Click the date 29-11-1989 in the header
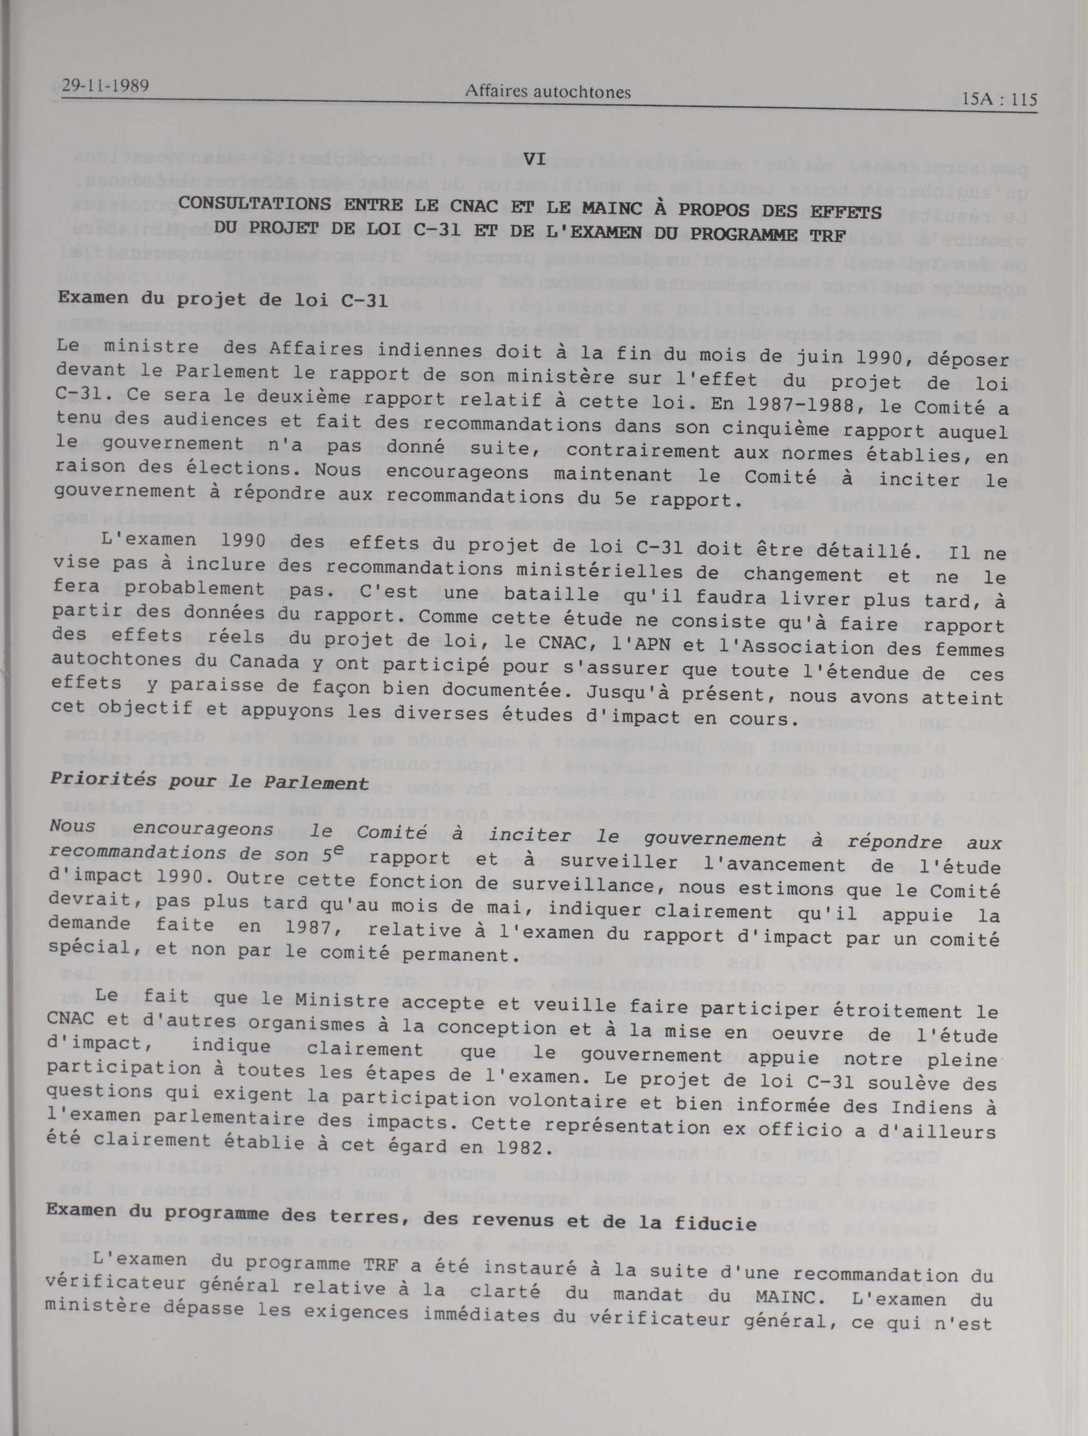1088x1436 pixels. (106, 86)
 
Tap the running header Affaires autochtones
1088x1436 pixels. (548, 92)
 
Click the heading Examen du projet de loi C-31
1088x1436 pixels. (223, 300)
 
